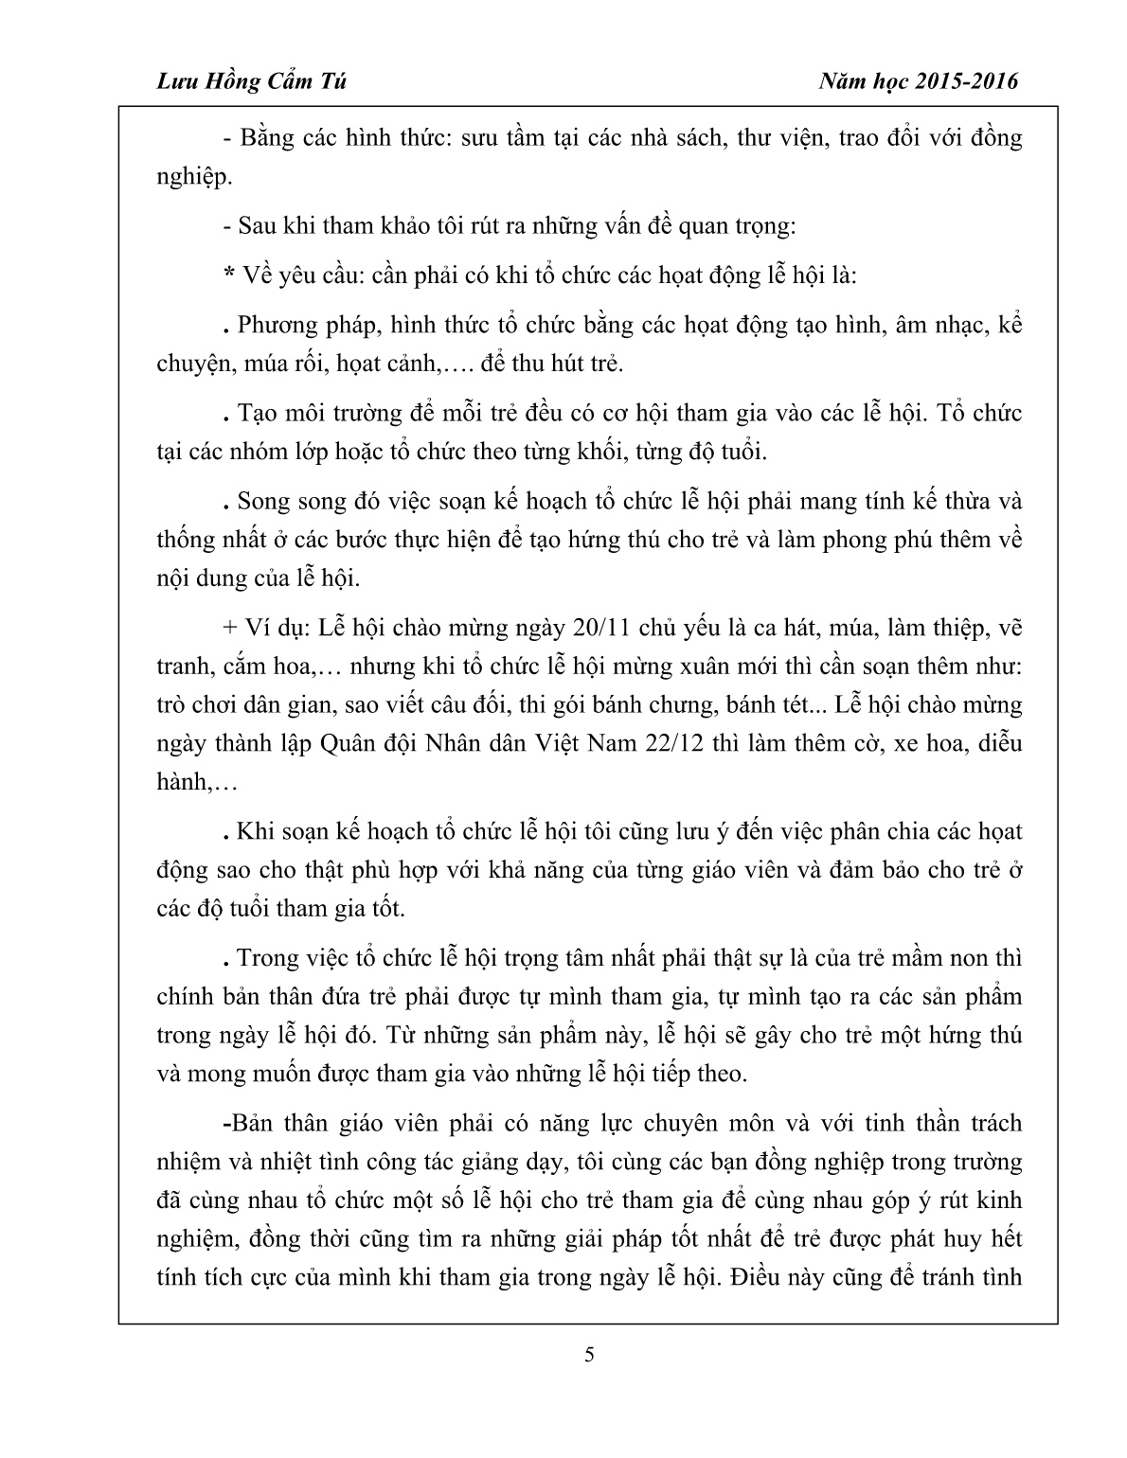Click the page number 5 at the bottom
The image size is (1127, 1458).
click(x=590, y=1354)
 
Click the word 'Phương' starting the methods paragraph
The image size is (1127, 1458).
click(x=277, y=327)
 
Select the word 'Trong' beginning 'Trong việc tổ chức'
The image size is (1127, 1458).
click(x=266, y=958)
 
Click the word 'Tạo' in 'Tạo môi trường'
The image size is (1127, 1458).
click(x=256, y=414)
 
